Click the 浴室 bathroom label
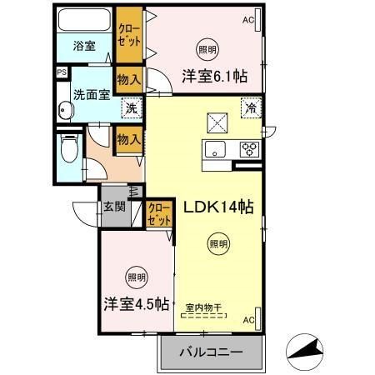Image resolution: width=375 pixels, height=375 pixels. click(x=83, y=46)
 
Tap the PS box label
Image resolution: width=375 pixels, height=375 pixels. click(x=61, y=72)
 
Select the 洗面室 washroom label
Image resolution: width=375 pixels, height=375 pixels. click(x=91, y=94)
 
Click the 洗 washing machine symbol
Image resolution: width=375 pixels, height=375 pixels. click(x=131, y=107)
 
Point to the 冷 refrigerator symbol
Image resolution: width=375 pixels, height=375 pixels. click(x=250, y=107)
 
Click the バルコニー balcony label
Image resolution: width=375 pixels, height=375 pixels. click(x=212, y=352)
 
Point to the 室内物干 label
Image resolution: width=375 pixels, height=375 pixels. click(x=203, y=307)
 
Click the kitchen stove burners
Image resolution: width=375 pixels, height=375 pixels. click(x=248, y=150)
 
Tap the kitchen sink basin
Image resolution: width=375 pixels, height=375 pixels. click(x=214, y=151)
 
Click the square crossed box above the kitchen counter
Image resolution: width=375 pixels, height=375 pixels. click(x=218, y=123)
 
